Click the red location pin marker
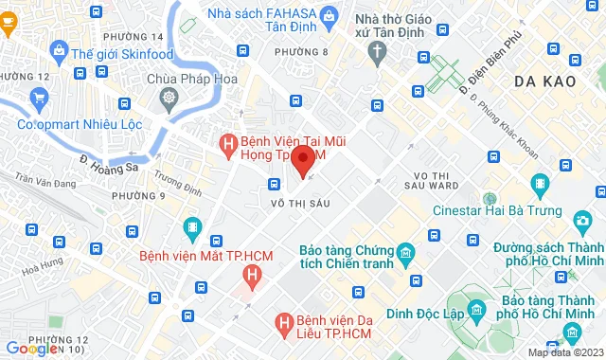click(x=302, y=160)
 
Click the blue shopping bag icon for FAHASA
click(x=328, y=16)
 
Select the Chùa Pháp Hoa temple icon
click(x=169, y=98)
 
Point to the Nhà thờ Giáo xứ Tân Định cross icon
click(x=378, y=53)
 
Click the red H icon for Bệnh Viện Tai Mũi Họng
click(x=227, y=144)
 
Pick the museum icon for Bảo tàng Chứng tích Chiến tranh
click(x=405, y=253)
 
